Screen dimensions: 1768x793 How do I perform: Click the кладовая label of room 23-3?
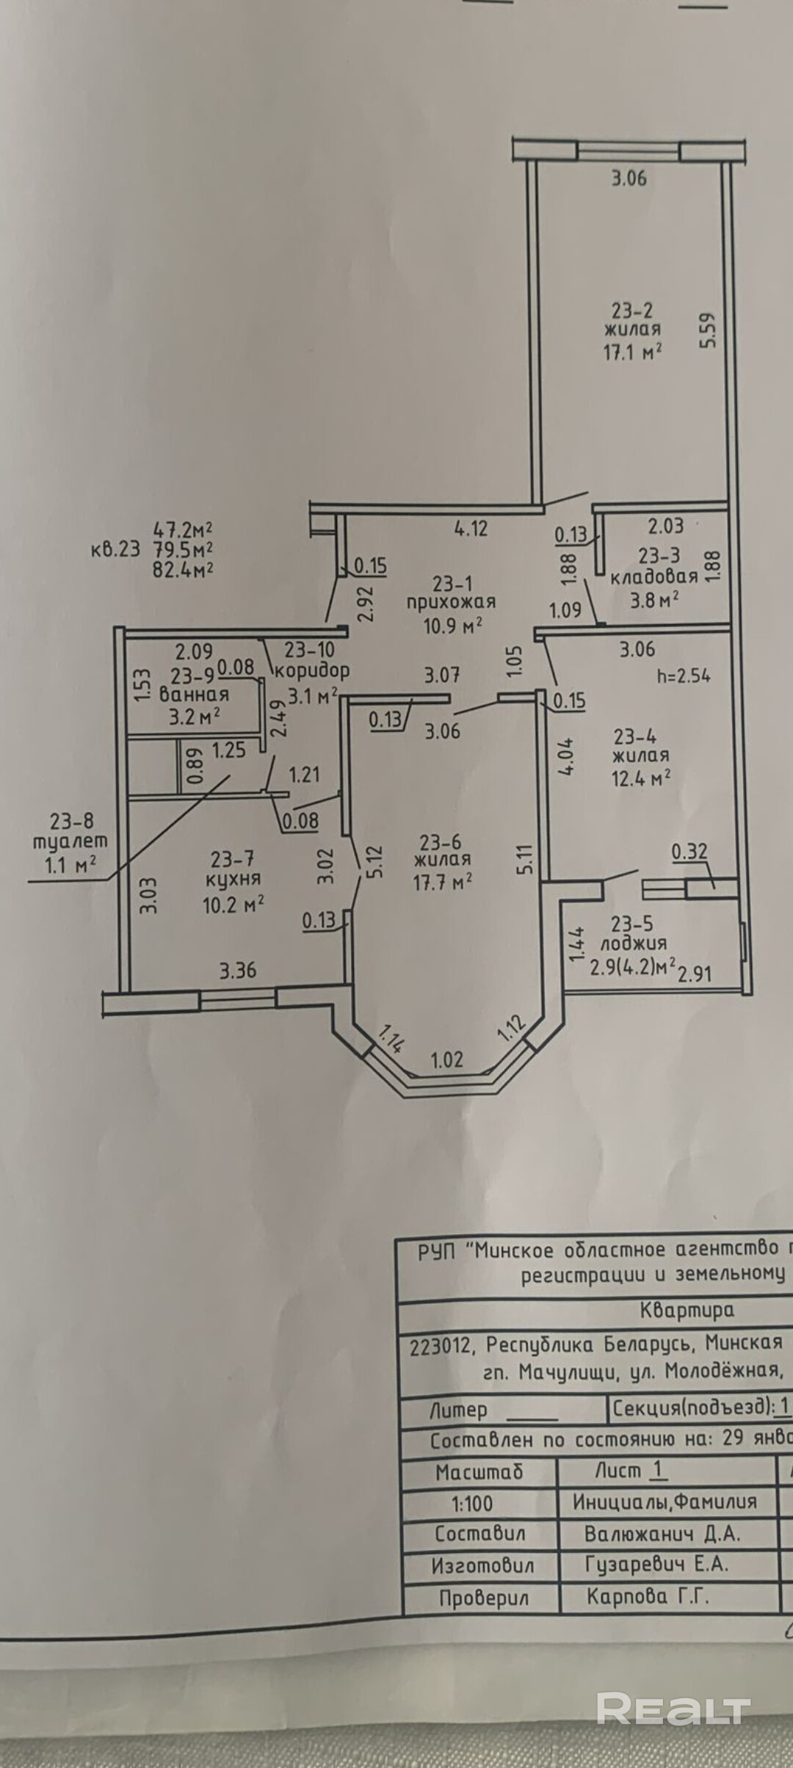tap(653, 576)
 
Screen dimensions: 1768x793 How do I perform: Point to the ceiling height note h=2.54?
tap(684, 676)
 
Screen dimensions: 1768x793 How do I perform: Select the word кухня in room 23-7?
tap(232, 879)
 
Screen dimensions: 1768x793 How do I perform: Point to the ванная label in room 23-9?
tap(194, 694)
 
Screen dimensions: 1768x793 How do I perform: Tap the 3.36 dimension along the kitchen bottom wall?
tap(238, 971)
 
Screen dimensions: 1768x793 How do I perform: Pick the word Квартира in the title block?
tap(687, 1309)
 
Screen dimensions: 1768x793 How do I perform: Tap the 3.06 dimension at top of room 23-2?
tap(629, 178)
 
